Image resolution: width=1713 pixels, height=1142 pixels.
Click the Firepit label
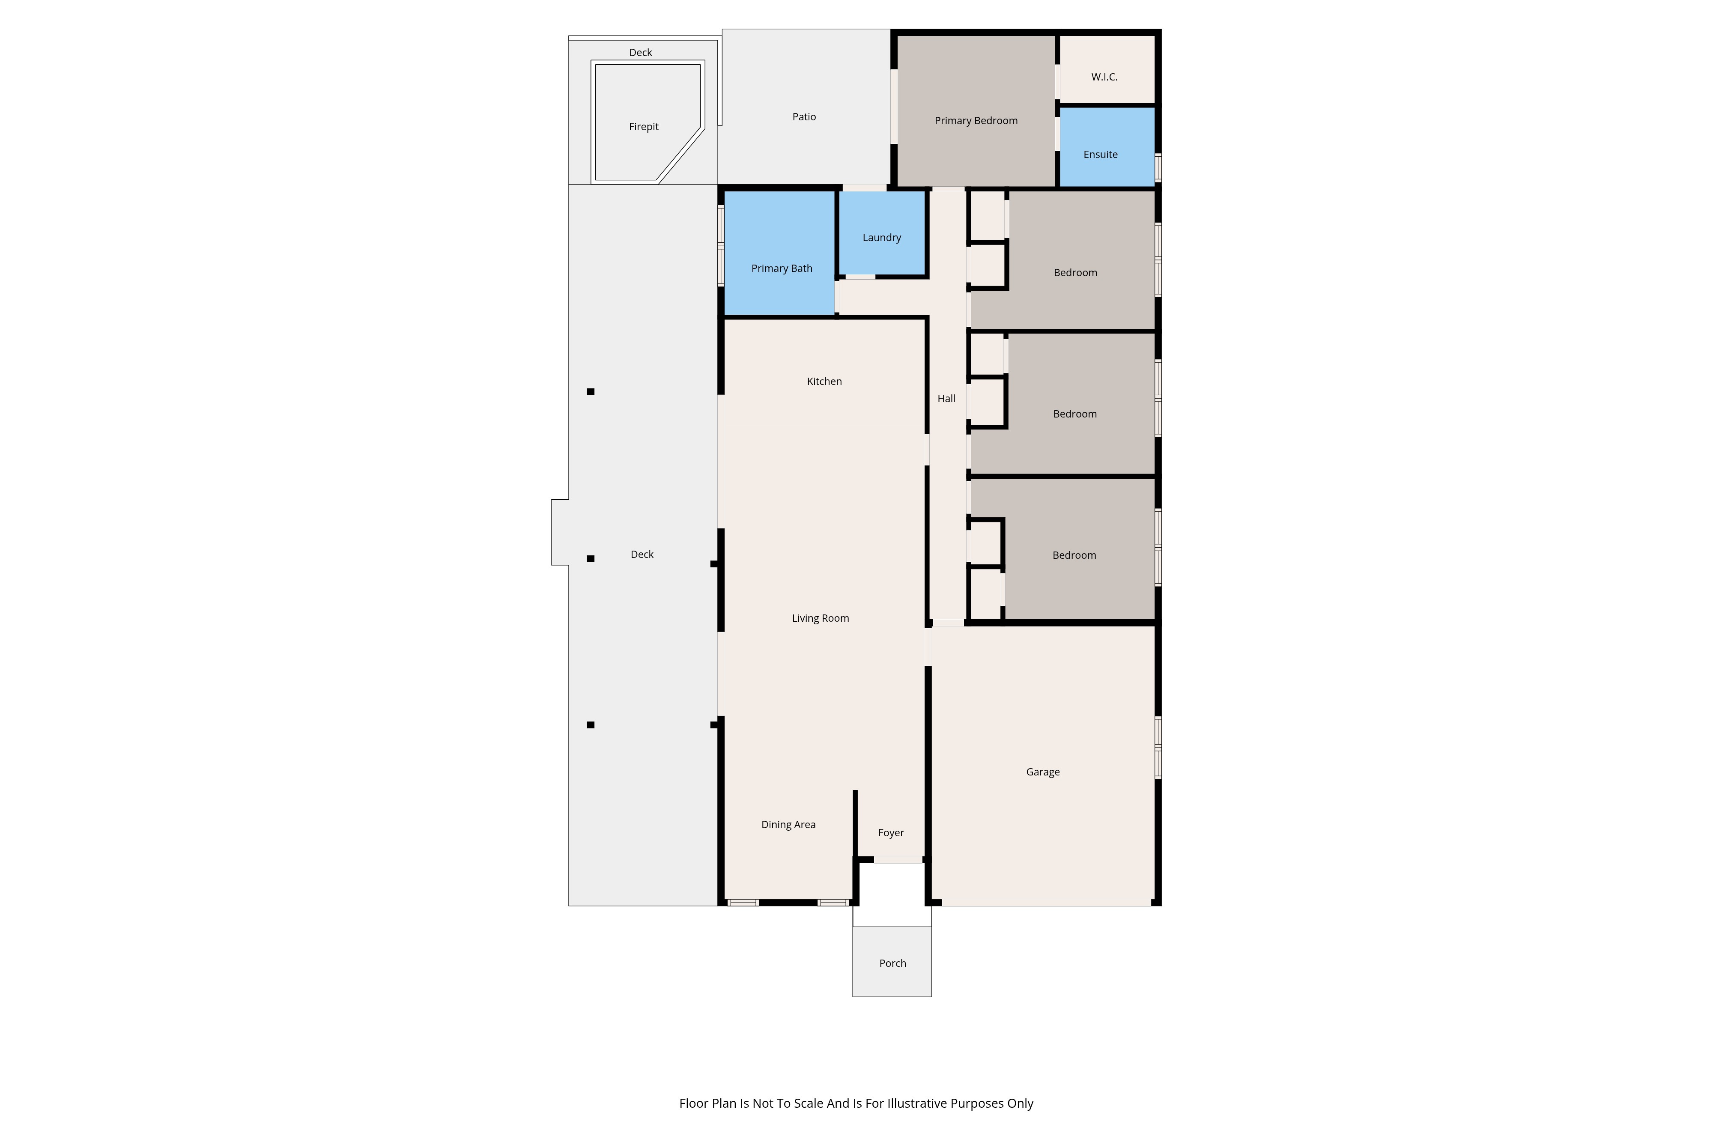[x=644, y=127]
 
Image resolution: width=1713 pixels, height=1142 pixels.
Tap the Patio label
[x=804, y=116]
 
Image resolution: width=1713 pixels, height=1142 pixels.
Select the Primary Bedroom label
[x=976, y=121]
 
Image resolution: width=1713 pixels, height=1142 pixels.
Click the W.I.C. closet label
[x=1104, y=77]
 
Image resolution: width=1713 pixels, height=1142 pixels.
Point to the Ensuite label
[x=1101, y=155]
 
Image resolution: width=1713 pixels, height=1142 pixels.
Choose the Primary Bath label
[x=782, y=269]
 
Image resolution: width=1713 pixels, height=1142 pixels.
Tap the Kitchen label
[x=824, y=382]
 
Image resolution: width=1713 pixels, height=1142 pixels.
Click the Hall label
[x=946, y=398]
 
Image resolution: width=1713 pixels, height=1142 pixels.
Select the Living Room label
[x=821, y=618]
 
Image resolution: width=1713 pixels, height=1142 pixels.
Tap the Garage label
[x=1043, y=772]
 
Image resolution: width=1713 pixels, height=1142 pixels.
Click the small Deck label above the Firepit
[x=641, y=52]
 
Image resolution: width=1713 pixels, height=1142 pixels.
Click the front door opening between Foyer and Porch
[x=898, y=860]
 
